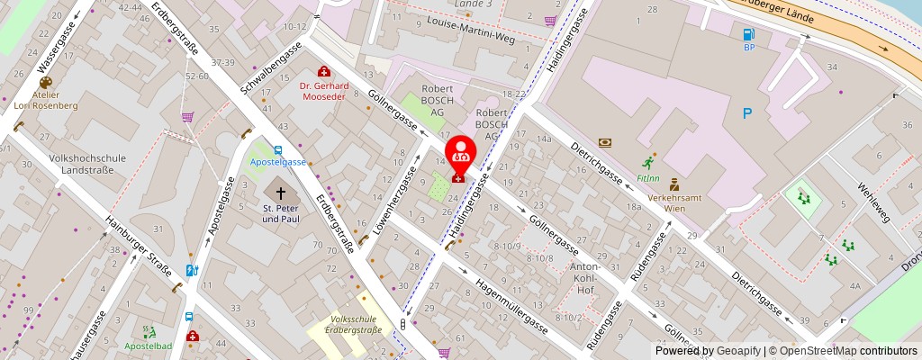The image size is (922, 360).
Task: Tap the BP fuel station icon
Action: (x=748, y=35)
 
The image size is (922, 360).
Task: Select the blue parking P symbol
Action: (x=746, y=113)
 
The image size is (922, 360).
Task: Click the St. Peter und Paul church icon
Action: (x=280, y=193)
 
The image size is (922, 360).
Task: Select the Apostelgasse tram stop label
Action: (x=277, y=163)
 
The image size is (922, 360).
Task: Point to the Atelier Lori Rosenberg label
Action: (x=45, y=100)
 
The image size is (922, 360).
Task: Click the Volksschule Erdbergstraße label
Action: (x=357, y=325)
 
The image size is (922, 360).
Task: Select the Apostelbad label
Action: (x=149, y=346)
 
